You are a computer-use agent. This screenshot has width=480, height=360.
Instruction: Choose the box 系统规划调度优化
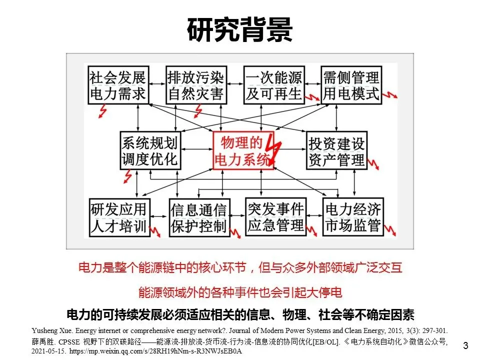149,150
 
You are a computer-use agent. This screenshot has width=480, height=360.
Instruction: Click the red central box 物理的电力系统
240,151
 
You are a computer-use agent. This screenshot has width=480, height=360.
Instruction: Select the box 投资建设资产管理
336,151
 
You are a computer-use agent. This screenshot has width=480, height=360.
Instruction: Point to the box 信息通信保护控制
198,217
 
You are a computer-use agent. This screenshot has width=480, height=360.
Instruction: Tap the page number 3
466,345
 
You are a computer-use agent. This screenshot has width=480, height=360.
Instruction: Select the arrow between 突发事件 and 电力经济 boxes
313,216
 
